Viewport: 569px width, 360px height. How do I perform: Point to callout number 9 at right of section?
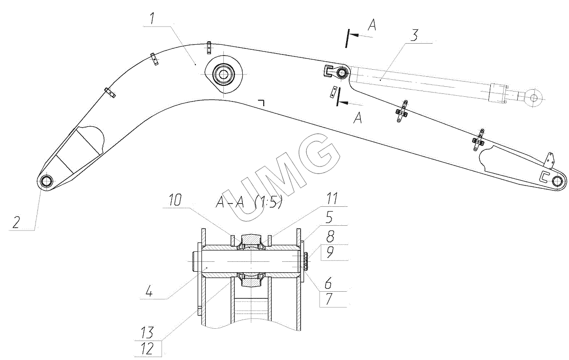[329, 252]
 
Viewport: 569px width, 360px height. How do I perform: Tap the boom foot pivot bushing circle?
[46, 182]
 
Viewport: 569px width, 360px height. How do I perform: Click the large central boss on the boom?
[223, 74]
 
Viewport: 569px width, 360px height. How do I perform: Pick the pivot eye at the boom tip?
[558, 180]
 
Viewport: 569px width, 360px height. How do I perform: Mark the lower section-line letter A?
[358, 117]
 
